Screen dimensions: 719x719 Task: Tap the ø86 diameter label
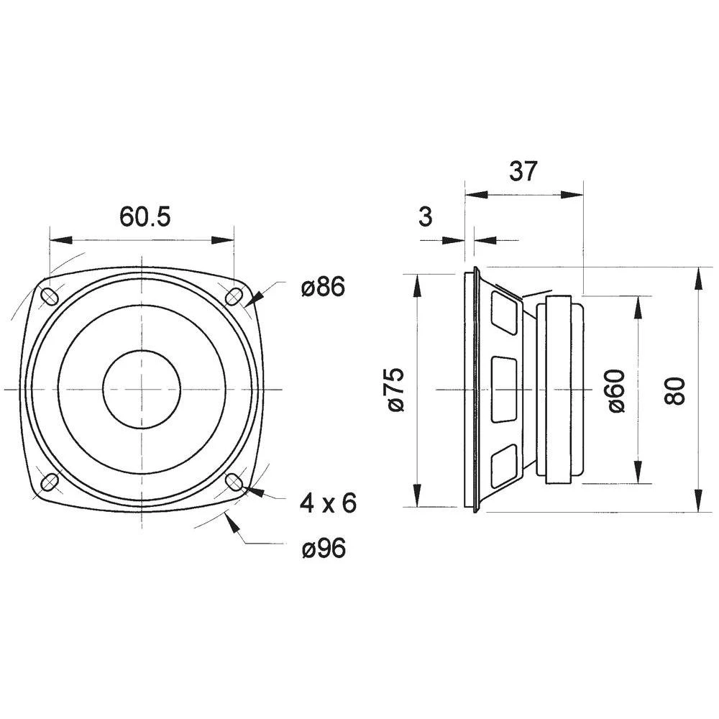(323, 288)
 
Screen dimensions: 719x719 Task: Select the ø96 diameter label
(323, 549)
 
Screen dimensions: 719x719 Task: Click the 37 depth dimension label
(523, 171)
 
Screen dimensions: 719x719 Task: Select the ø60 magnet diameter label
(617, 390)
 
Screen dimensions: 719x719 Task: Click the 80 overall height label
(675, 390)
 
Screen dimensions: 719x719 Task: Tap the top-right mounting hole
(234, 296)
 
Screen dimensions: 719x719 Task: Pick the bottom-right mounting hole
(234, 481)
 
